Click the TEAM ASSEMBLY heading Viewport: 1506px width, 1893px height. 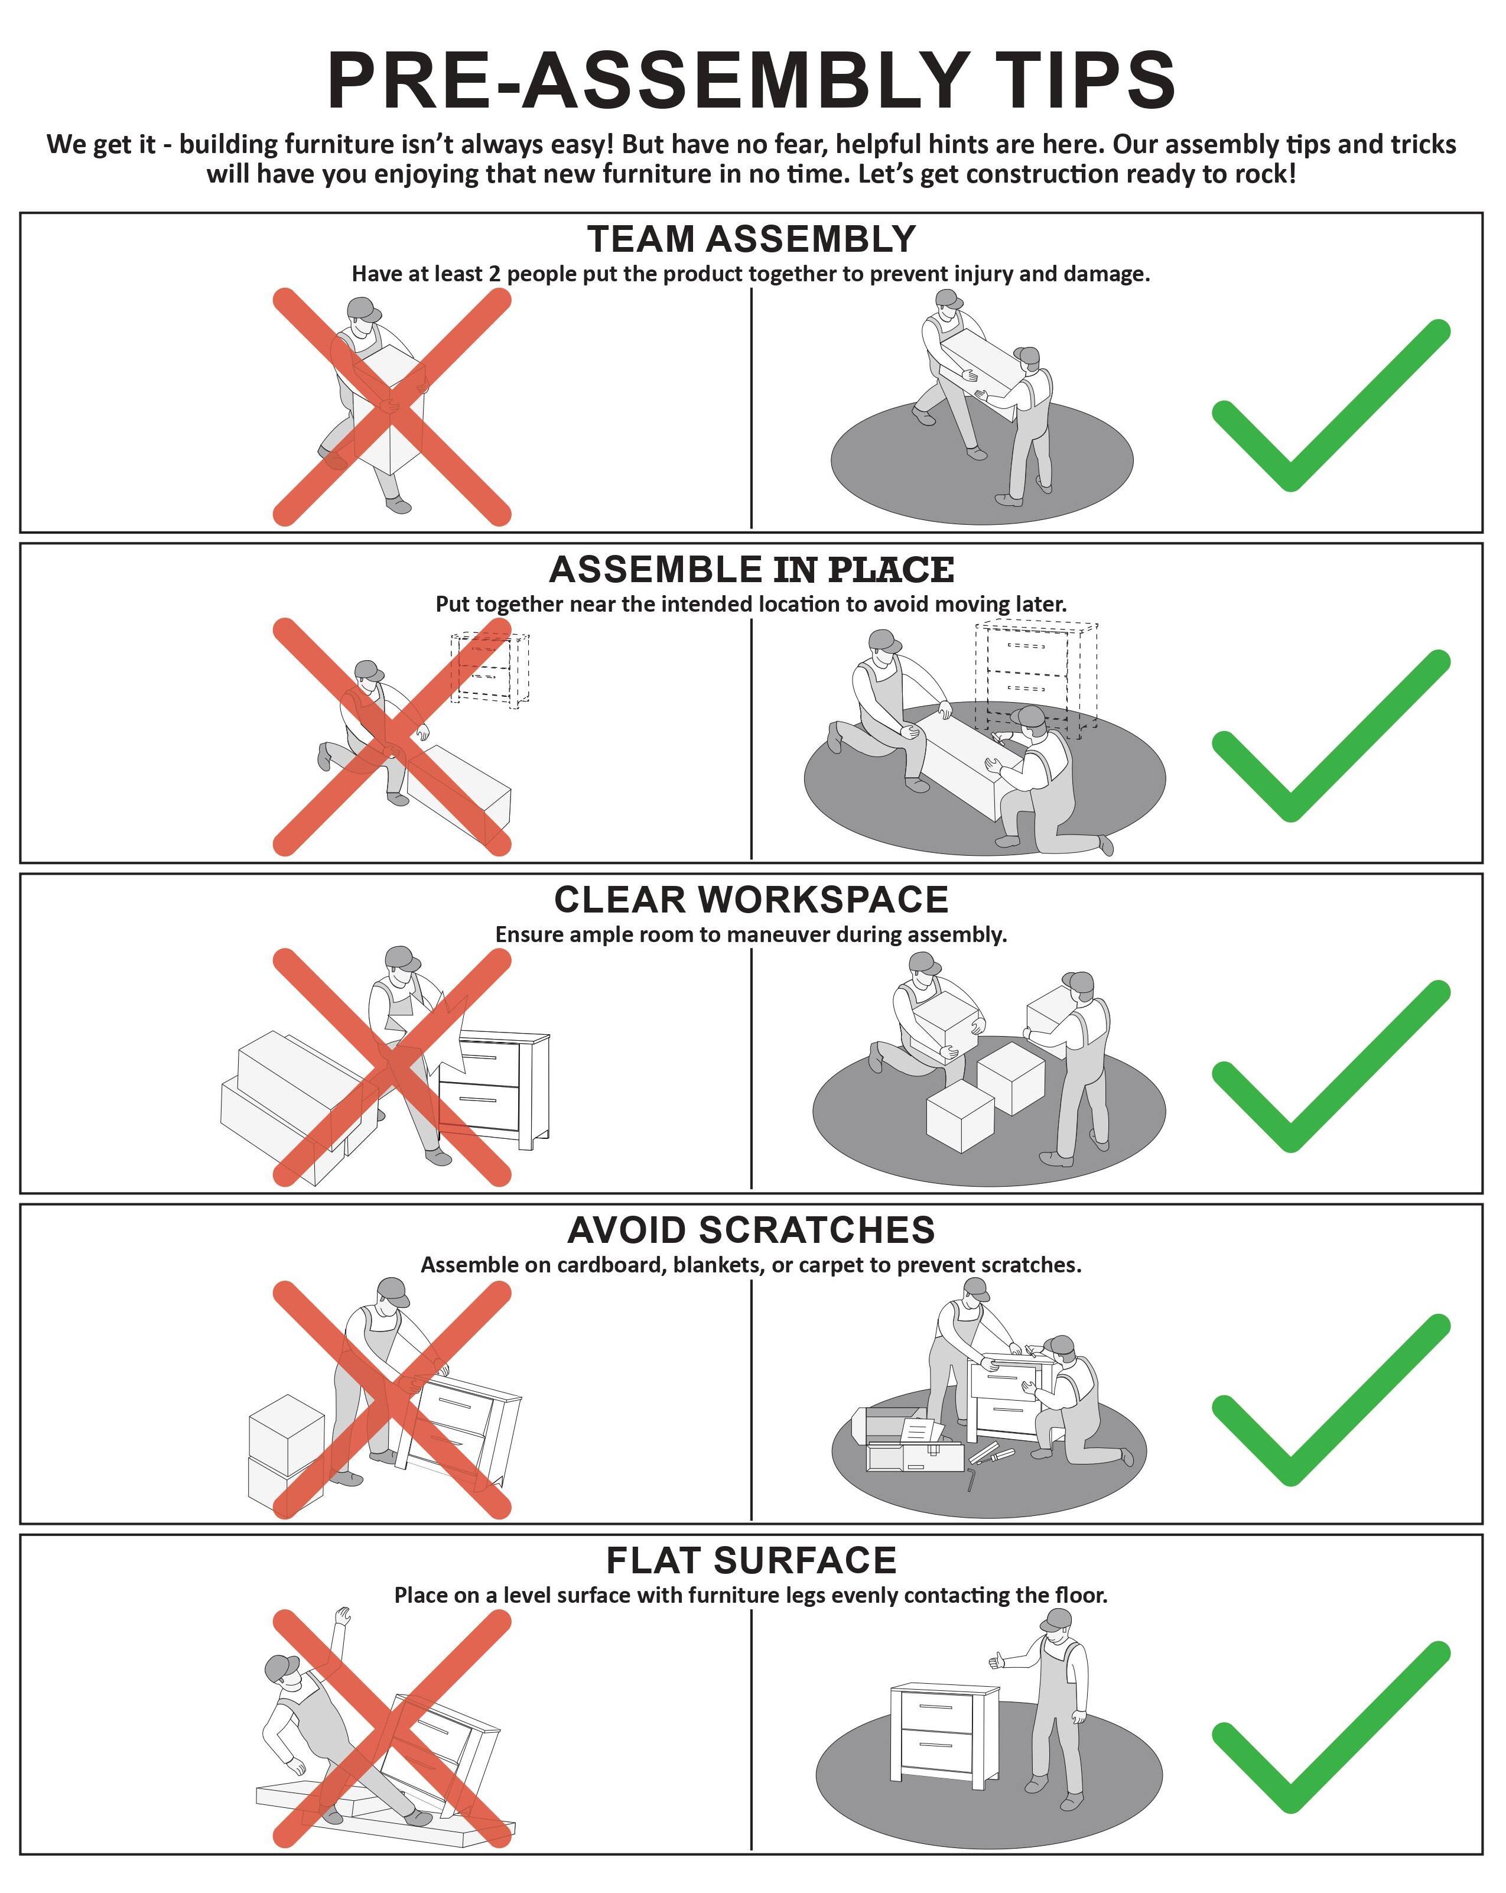[x=752, y=239]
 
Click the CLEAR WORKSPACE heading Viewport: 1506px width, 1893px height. [x=752, y=900]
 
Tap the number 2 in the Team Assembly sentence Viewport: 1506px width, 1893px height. [x=494, y=274]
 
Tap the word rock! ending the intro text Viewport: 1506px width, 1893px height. [x=1264, y=174]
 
